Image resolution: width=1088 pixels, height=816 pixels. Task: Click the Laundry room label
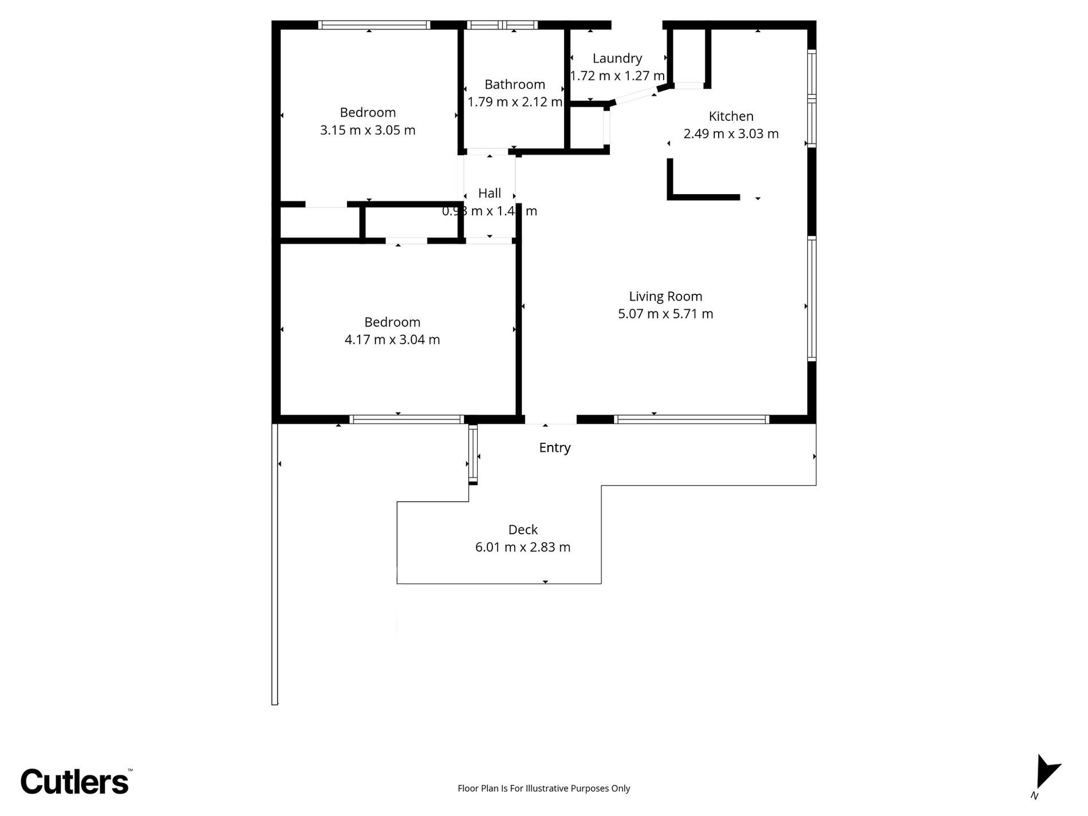point(617,58)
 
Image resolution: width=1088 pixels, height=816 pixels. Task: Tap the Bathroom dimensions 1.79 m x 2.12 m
point(514,102)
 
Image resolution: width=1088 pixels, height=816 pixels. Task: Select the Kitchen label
point(731,116)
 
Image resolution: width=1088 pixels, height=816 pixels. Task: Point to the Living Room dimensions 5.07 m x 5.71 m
point(665,314)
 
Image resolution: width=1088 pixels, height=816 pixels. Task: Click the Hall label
point(490,193)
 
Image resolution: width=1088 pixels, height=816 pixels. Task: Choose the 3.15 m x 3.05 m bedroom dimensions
point(368,130)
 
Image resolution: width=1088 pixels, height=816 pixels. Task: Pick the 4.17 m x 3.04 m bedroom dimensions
point(392,340)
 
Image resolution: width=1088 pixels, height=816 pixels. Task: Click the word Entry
point(554,448)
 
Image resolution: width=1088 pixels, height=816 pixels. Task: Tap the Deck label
point(523,530)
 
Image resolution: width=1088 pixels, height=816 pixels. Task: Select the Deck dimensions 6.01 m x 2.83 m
point(523,547)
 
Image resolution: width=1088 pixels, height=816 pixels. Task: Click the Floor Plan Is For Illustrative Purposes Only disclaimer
point(543,789)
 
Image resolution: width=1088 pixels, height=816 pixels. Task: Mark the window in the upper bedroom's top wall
point(373,25)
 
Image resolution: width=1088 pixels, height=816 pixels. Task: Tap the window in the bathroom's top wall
point(502,25)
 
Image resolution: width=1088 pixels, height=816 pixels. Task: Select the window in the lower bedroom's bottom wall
point(406,420)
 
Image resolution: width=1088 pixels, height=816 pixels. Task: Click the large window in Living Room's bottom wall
point(691,420)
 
